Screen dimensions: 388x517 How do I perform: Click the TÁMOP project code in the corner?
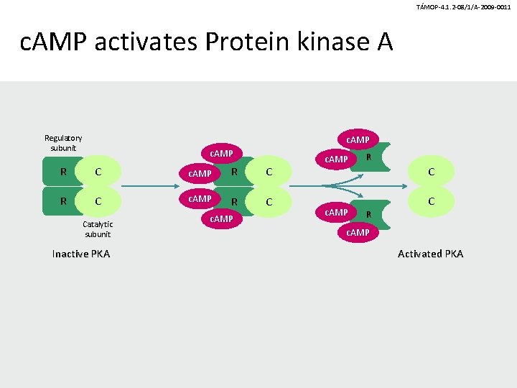[x=463, y=6]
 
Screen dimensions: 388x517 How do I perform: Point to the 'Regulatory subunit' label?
[x=63, y=143]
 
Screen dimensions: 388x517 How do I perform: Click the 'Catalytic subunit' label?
[x=98, y=229]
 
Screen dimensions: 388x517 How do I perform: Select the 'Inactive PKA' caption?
[x=81, y=254]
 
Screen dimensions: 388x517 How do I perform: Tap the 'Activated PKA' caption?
[x=431, y=254]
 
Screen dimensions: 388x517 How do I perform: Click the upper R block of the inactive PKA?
[x=64, y=172]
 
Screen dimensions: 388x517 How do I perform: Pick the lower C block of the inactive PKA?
[x=98, y=201]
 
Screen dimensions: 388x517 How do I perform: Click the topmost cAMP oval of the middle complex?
[x=221, y=153]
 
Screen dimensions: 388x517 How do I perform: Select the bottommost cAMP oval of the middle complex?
[x=221, y=218]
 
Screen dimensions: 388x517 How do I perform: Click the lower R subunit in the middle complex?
[x=235, y=202]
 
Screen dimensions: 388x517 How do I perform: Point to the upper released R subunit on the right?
[x=369, y=156]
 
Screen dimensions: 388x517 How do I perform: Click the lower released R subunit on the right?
[x=369, y=213]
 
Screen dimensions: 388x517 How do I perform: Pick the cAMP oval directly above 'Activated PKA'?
[x=358, y=232]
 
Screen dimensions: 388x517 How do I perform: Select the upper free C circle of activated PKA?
[x=431, y=172]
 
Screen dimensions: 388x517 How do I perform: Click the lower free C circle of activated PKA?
[x=431, y=201]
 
